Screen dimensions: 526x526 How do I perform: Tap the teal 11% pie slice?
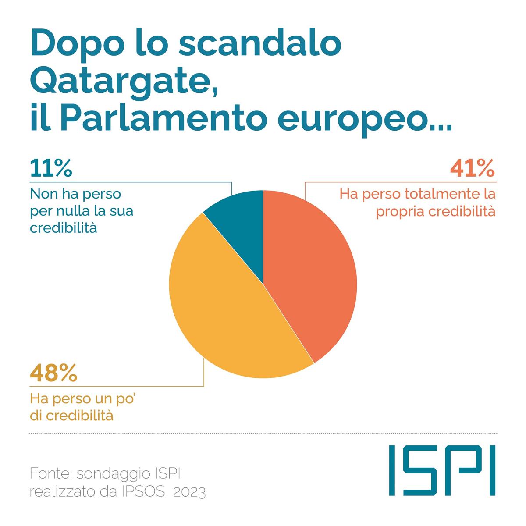[x=239, y=219]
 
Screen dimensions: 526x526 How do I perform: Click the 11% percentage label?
[x=51, y=169]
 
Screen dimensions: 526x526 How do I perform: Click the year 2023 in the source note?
[x=189, y=493]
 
